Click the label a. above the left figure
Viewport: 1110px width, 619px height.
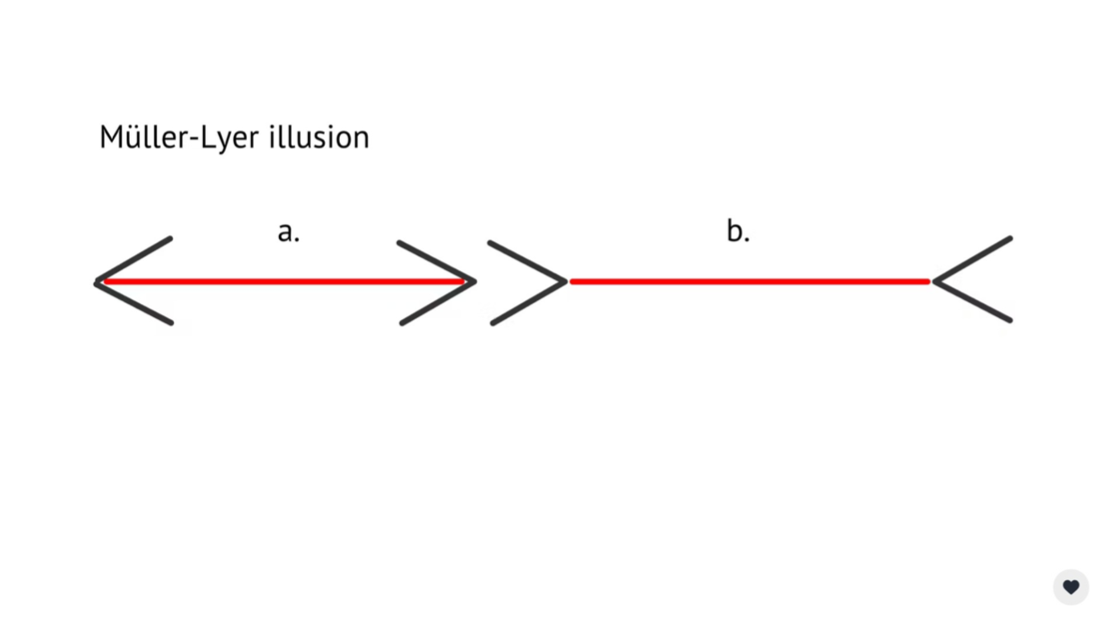tap(288, 232)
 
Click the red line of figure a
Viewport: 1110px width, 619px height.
tap(285, 281)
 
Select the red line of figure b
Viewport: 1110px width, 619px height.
tap(749, 281)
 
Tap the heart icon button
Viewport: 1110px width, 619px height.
tap(1071, 587)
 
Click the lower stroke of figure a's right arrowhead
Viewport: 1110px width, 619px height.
tap(438, 303)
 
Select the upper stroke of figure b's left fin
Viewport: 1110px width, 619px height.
tap(528, 261)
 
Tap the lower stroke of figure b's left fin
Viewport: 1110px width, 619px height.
tap(529, 303)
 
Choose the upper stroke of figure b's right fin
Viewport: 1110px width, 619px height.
tap(973, 259)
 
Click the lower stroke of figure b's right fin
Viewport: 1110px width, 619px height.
tap(973, 301)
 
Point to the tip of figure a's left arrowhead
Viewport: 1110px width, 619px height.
tap(97, 281)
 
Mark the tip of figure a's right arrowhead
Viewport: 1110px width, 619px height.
tap(474, 281)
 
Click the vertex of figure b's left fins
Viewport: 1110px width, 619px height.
tap(565, 281)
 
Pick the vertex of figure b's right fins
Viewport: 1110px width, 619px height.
tap(935, 281)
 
